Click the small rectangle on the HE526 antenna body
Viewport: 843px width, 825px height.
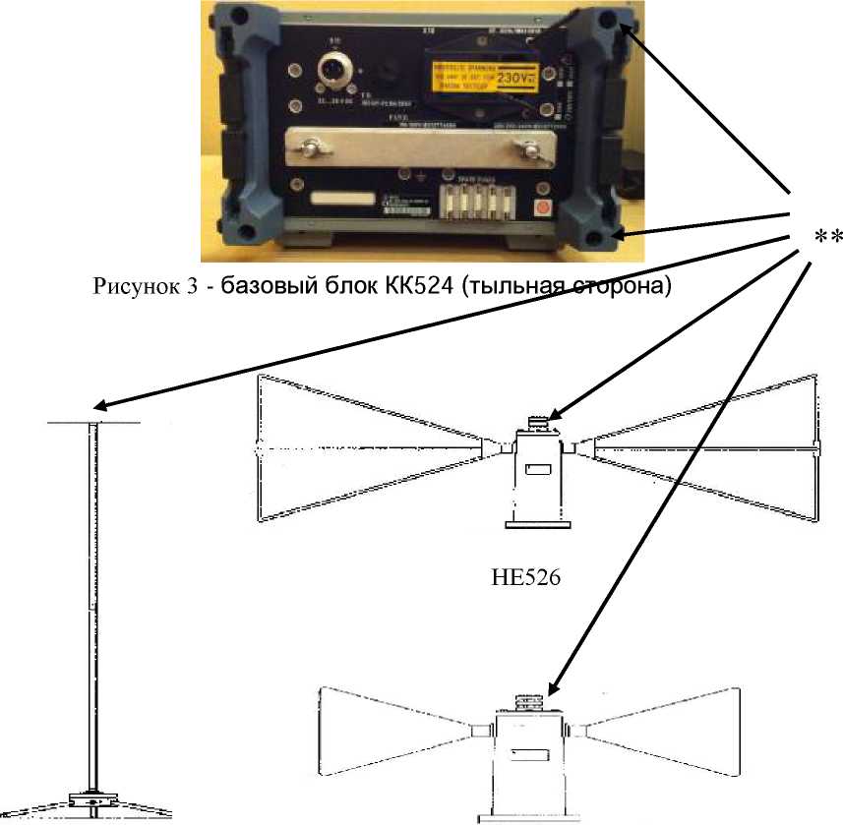(x=538, y=472)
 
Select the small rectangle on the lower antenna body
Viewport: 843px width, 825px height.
(x=531, y=755)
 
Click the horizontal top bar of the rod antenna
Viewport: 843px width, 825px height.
(x=94, y=424)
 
